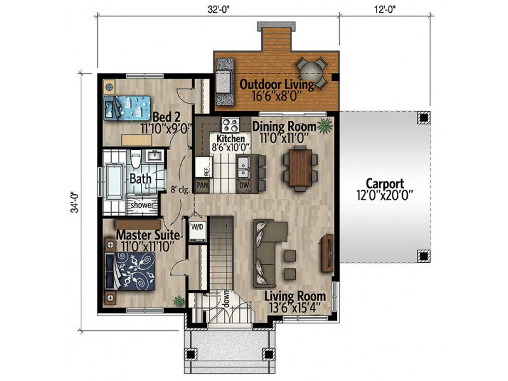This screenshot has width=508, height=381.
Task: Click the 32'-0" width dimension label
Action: (x=218, y=10)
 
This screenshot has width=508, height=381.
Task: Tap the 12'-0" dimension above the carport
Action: (x=385, y=10)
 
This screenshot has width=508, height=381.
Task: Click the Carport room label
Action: (x=385, y=184)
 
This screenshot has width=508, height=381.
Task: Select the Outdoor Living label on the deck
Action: (x=277, y=84)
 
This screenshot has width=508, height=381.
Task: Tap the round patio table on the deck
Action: (x=311, y=73)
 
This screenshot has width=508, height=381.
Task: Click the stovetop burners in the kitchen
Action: (x=231, y=125)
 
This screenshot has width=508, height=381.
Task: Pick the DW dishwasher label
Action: (x=244, y=185)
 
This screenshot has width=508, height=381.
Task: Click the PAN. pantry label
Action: (x=203, y=185)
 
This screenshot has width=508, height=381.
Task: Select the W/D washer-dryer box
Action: (x=197, y=230)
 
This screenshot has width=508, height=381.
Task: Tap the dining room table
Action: (x=300, y=168)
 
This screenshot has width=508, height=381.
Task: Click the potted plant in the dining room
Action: (x=325, y=126)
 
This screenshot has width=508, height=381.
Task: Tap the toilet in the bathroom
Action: (x=135, y=159)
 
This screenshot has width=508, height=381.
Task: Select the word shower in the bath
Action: (x=142, y=205)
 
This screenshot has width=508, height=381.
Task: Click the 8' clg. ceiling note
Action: (x=180, y=189)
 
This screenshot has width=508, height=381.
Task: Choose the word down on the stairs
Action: (x=227, y=298)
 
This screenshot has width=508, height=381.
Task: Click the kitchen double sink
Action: (x=243, y=168)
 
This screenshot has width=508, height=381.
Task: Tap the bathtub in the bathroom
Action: (x=115, y=182)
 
